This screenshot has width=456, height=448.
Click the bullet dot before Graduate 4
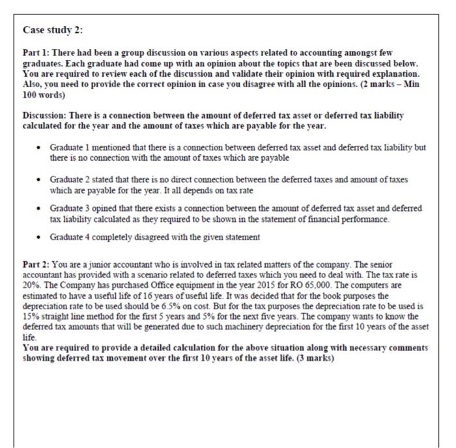tap(40, 237)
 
